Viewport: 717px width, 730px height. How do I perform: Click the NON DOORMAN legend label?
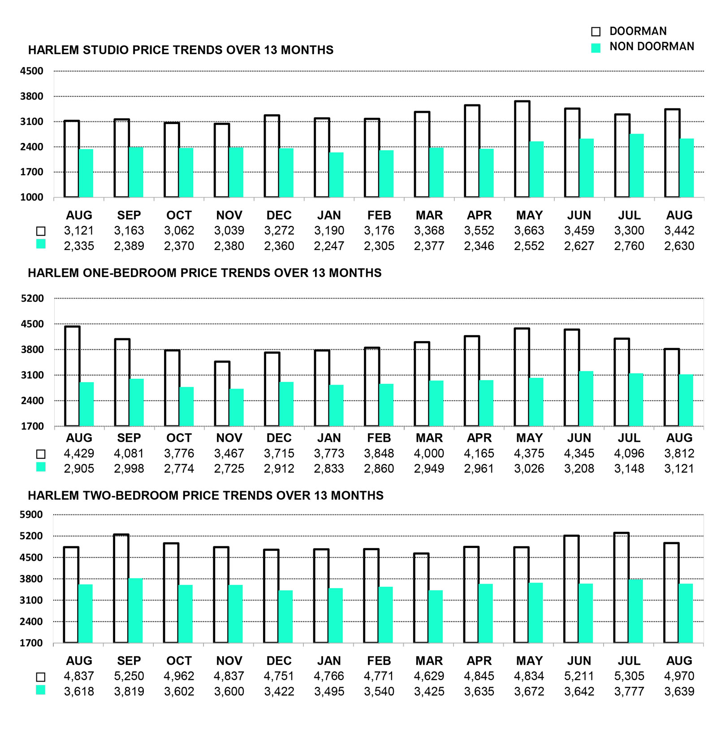click(652, 47)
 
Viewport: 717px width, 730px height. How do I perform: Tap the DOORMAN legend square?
click(596, 31)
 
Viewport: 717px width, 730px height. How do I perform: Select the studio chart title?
click(181, 50)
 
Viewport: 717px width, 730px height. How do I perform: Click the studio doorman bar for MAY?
click(522, 149)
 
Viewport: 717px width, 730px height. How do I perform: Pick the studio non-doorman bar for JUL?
click(636, 166)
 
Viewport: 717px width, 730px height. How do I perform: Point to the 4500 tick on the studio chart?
click(31, 71)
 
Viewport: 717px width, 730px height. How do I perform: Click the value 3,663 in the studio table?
click(529, 231)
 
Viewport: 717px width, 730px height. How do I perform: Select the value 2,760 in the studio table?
click(629, 246)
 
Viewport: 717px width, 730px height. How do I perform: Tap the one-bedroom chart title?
click(205, 273)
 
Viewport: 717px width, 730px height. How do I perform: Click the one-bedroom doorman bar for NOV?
click(222, 394)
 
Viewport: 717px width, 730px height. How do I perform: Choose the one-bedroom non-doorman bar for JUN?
click(586, 399)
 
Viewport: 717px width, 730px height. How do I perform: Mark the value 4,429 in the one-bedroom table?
click(79, 454)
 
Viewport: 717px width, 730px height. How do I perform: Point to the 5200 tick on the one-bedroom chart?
click(32, 298)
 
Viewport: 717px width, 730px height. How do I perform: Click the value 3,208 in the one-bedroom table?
click(579, 469)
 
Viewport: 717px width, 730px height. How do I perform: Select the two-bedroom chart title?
click(206, 496)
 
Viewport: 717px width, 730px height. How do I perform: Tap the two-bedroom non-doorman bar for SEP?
click(135, 611)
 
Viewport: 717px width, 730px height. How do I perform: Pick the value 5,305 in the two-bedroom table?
click(629, 676)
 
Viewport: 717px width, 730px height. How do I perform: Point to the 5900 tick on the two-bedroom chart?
click(31, 514)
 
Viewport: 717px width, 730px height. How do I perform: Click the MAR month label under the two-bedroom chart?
click(429, 661)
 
